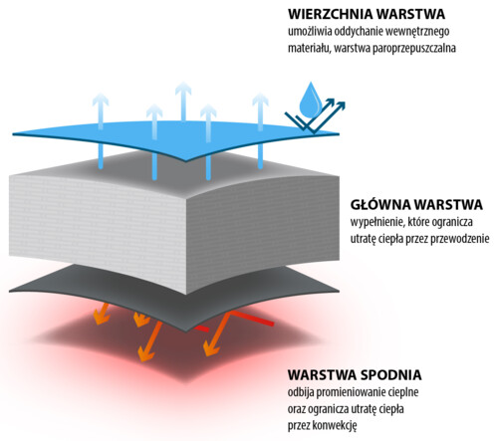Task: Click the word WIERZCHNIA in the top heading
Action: [x=330, y=14]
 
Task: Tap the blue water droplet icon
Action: [x=310, y=101]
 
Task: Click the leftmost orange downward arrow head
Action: [x=101, y=319]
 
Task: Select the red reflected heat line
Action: [x=252, y=318]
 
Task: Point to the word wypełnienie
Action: [x=377, y=222]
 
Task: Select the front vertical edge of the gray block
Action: [x=186, y=247]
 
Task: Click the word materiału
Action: [x=310, y=49]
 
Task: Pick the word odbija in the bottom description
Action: [x=301, y=392]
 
